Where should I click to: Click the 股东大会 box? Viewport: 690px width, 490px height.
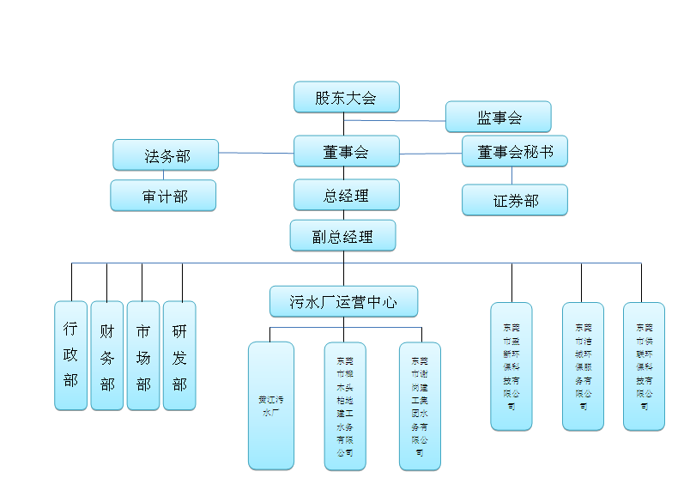pyautogui.click(x=346, y=97)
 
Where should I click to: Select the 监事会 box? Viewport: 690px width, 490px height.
pyautogui.click(x=498, y=117)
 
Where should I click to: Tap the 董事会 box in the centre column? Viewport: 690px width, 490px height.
pyautogui.click(x=346, y=151)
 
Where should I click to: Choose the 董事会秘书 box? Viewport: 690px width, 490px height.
pyautogui.click(x=514, y=151)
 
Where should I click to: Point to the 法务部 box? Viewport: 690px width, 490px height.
pyautogui.click(x=166, y=155)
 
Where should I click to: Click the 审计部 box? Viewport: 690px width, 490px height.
pyautogui.click(x=163, y=196)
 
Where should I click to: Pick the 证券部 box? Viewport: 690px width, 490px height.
pyautogui.click(x=514, y=200)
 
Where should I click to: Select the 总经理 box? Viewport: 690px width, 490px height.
pyautogui.click(x=346, y=195)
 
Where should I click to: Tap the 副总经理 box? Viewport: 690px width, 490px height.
pyautogui.click(x=342, y=235)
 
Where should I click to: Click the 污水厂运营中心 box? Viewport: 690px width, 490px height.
pyautogui.click(x=343, y=302)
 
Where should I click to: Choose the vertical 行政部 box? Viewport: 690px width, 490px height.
pyautogui.click(x=70, y=355)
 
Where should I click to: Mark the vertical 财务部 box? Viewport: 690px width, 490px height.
pyautogui.click(x=106, y=355)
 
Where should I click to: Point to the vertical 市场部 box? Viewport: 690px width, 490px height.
pyautogui.click(x=142, y=355)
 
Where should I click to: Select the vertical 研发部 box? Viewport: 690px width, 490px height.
pyautogui.click(x=179, y=355)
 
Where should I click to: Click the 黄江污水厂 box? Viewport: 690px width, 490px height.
pyautogui.click(x=271, y=405)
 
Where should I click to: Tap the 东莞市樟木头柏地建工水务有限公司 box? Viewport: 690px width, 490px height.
pyautogui.click(x=345, y=405)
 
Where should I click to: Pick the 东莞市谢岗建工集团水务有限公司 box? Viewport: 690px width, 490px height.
pyautogui.click(x=420, y=405)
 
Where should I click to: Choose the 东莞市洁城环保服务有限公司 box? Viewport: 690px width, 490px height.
pyautogui.click(x=583, y=366)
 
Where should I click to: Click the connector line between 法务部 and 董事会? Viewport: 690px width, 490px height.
pyautogui.click(x=256, y=154)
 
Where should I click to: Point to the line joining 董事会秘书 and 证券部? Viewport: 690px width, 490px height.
pyautogui.click(x=512, y=175)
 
